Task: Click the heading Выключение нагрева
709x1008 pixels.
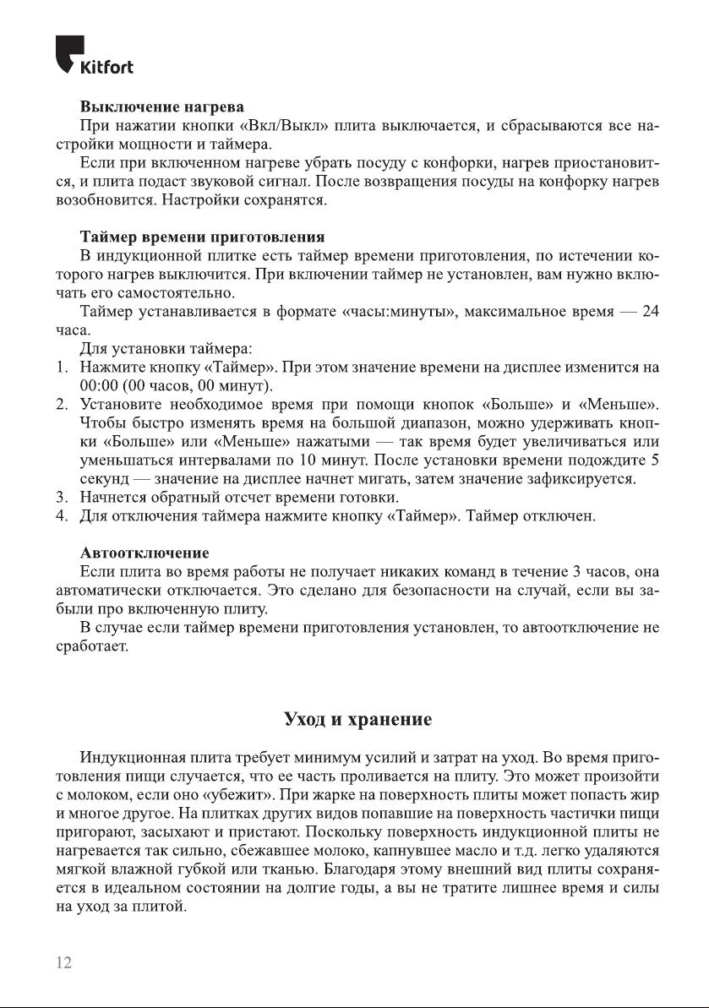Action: point(161,107)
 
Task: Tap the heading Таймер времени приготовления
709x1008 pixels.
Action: point(202,237)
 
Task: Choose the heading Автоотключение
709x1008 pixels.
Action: point(144,553)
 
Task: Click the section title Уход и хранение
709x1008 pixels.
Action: point(358,720)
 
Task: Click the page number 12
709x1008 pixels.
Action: point(64,963)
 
